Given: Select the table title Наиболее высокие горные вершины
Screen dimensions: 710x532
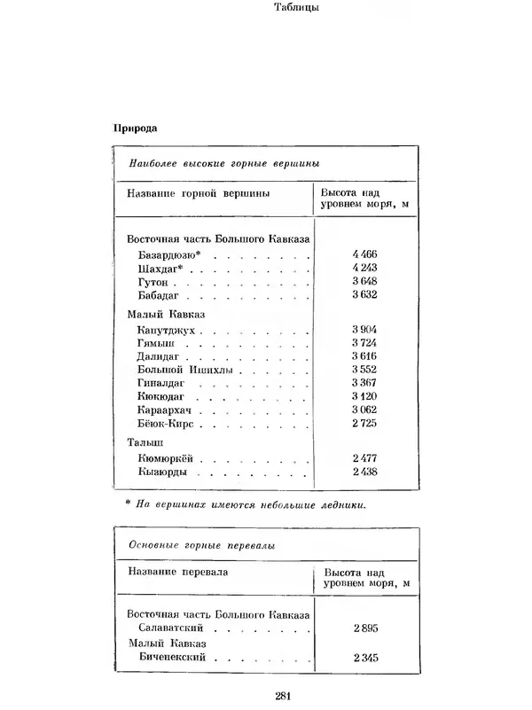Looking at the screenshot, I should pos(223,163).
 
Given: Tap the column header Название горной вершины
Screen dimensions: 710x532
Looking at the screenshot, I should pos(198,193).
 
